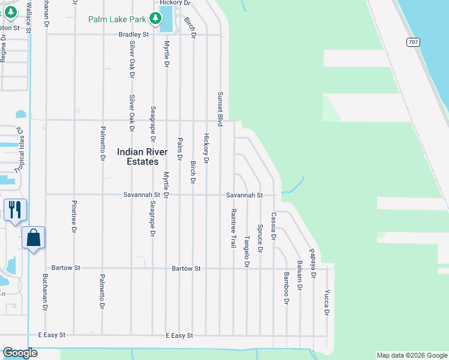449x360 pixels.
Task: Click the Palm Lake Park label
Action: (x=117, y=19)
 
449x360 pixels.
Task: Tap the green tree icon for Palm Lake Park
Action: (x=155, y=19)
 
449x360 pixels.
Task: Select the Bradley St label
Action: (x=133, y=35)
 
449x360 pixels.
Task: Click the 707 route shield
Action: (x=412, y=42)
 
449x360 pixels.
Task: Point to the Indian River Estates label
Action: (x=138, y=157)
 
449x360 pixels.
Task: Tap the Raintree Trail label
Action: (x=233, y=229)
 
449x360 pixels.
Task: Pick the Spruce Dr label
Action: (x=260, y=235)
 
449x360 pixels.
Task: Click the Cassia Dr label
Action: (x=273, y=226)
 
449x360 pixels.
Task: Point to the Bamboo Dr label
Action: (x=286, y=288)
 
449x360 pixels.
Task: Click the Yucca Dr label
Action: (x=327, y=302)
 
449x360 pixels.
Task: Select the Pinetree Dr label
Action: (x=74, y=216)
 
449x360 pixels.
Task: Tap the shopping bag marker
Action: (x=34, y=238)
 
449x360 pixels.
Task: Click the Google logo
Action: (x=20, y=353)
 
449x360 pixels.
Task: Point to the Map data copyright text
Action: (x=412, y=355)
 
